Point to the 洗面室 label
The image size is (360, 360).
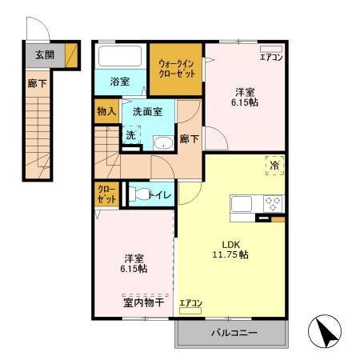[147, 111]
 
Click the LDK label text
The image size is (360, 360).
[230, 244]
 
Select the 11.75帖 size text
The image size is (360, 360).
[230, 254]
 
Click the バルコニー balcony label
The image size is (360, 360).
[234, 332]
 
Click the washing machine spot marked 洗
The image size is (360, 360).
[131, 137]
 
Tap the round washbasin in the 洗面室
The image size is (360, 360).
[162, 143]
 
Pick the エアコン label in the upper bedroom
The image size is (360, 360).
[270, 57]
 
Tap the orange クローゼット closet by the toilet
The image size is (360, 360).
[106, 194]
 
